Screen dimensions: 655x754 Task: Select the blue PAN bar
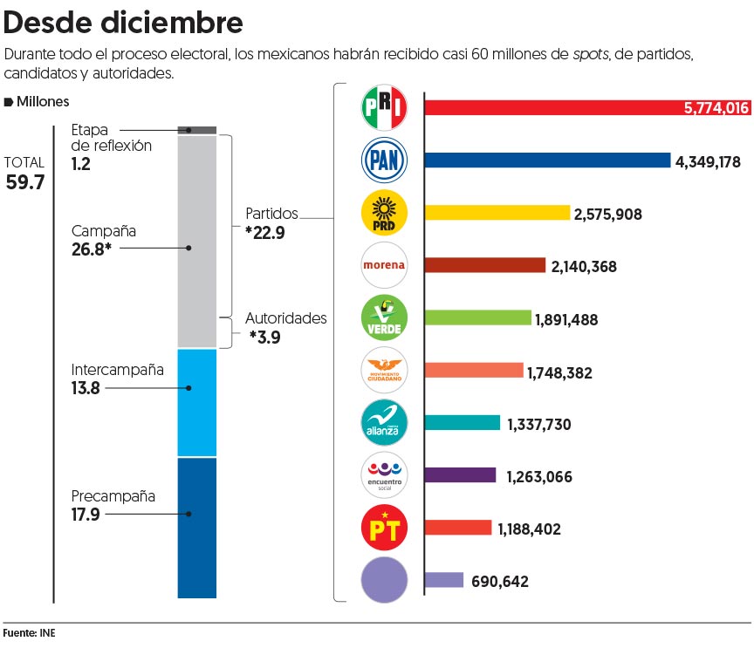click(547, 160)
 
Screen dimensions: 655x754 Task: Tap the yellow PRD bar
click(497, 213)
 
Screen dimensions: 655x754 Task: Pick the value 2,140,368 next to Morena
click(584, 267)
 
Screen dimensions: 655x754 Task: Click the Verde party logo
click(384, 317)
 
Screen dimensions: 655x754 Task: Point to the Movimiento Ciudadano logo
click(384, 370)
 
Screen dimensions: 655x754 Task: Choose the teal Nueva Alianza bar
click(463, 423)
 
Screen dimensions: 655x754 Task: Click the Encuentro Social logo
click(384, 475)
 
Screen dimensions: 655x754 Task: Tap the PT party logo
click(384, 528)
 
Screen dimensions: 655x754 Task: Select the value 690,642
click(500, 581)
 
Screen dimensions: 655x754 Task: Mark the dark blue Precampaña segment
click(197, 527)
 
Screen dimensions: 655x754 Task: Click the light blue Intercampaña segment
click(197, 402)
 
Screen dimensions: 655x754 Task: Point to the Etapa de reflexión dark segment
click(197, 130)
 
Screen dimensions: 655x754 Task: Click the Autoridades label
click(285, 318)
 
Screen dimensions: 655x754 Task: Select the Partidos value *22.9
click(265, 232)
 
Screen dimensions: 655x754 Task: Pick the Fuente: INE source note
click(29, 633)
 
